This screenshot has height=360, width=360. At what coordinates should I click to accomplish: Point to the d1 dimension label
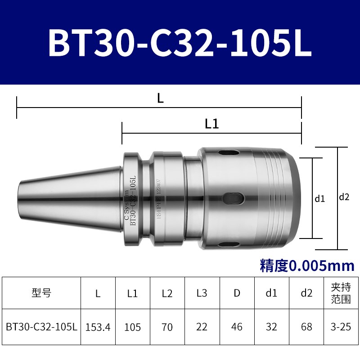[319, 198]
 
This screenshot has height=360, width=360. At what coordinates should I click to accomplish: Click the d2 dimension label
[344, 197]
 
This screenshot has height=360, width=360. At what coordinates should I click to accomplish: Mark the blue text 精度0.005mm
[307, 265]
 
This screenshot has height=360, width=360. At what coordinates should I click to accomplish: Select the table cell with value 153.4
[98, 327]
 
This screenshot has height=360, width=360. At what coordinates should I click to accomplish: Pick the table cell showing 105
[132, 327]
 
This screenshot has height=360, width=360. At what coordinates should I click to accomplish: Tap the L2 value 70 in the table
[167, 327]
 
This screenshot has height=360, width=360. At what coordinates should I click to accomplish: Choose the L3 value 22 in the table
[202, 327]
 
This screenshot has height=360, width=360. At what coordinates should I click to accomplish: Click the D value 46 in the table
[237, 327]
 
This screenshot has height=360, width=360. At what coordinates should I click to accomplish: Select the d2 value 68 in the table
[306, 327]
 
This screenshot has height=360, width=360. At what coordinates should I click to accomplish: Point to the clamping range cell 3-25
[341, 327]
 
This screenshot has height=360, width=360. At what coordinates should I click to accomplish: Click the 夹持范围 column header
[341, 293]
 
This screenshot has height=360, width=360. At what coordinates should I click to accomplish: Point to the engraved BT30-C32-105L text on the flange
[133, 200]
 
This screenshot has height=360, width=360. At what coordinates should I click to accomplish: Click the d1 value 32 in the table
[271, 327]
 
